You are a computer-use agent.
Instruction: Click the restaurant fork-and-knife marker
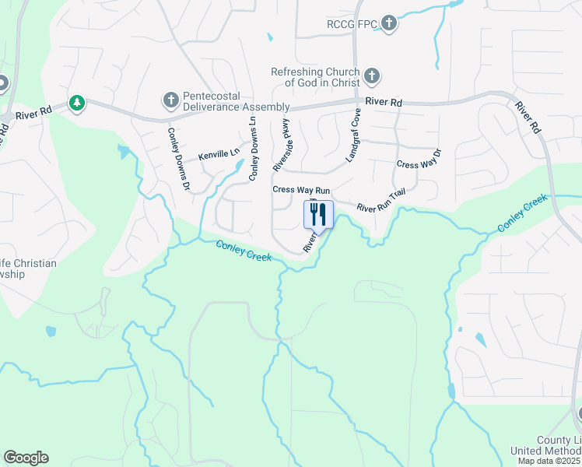(318, 214)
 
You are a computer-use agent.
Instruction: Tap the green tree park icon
(76, 103)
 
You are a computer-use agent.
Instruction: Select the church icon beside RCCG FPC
(389, 24)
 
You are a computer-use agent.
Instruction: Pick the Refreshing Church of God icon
(372, 76)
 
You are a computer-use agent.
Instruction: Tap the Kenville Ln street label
(219, 155)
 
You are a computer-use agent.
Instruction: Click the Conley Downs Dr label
(179, 160)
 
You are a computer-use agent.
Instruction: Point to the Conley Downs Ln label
(252, 149)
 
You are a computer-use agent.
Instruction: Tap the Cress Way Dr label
(419, 164)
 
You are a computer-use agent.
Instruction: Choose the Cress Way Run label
(301, 190)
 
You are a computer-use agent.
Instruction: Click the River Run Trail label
(381, 205)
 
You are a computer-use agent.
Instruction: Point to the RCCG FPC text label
(352, 25)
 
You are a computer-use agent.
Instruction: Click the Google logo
(26, 458)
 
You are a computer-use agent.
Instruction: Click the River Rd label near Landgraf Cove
(384, 103)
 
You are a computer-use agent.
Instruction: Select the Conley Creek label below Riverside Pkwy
(244, 251)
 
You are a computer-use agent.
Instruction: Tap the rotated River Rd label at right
(528, 118)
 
